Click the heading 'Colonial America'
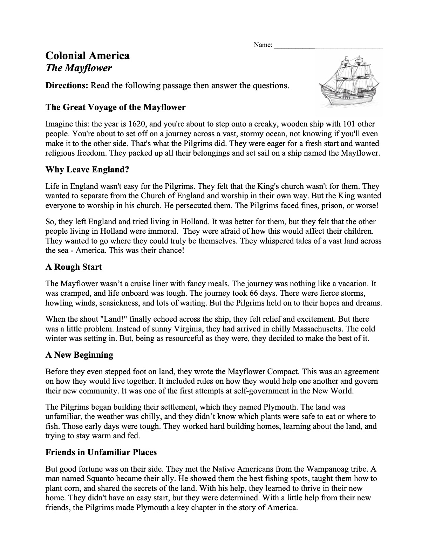(x=87, y=56)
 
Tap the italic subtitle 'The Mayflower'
(x=79, y=68)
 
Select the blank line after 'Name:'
(x=328, y=45)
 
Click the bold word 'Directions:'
(x=67, y=86)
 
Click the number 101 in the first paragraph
(x=349, y=124)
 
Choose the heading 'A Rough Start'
(x=74, y=267)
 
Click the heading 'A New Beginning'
(x=79, y=355)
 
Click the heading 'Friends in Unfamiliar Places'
(x=101, y=452)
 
